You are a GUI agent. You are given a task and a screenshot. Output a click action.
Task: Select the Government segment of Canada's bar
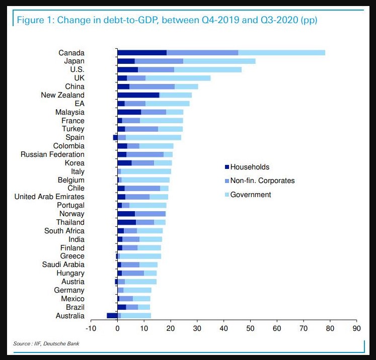[281, 53]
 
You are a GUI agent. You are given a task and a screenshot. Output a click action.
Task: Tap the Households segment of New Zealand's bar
[138, 95]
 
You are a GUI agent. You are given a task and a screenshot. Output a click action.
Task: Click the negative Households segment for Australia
[112, 315]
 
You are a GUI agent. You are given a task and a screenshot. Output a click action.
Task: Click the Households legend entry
[250, 167]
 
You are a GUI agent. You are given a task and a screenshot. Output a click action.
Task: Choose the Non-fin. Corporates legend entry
[262, 181]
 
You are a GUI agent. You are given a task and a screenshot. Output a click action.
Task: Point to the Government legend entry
[250, 195]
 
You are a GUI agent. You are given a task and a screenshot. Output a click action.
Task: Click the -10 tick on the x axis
[91, 329]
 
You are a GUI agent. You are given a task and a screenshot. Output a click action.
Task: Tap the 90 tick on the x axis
[356, 329]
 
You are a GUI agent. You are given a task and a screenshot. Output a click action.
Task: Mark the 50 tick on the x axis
[250, 329]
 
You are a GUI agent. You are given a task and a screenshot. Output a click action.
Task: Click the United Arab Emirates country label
[49, 197]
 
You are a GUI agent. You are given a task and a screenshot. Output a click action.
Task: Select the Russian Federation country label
[52, 154]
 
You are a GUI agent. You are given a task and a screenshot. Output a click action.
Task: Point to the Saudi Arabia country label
[63, 264]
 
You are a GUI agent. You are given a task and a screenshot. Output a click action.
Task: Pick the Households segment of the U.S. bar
[127, 69]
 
